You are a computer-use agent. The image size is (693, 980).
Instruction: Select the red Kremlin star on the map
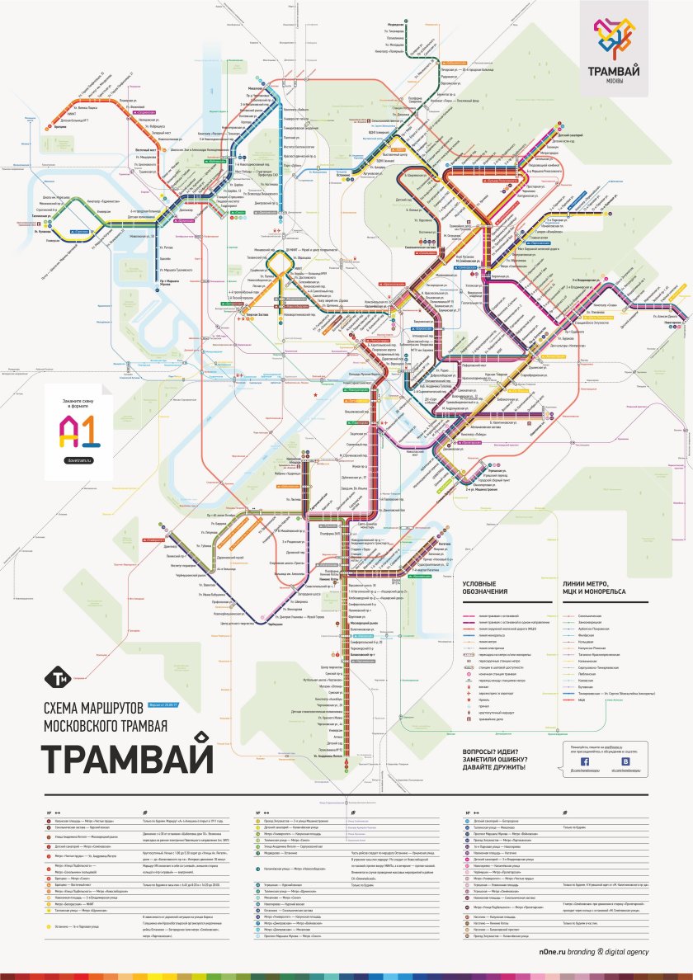point(314,396)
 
